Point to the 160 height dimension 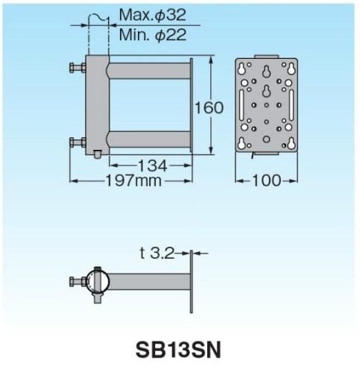(x=208, y=107)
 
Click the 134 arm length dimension (x=149, y=163)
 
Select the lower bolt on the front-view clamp (x=76, y=141)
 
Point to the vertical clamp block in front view (x=98, y=104)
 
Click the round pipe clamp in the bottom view (x=99, y=282)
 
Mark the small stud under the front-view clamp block (x=98, y=154)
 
